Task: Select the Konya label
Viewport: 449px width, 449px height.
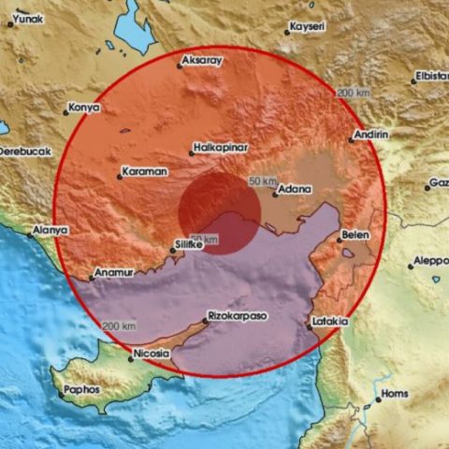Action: pos(85,108)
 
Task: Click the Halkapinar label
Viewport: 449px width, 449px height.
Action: pos(220,147)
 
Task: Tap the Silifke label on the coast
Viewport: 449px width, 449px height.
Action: pos(191,245)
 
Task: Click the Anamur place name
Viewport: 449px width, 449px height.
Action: pos(115,272)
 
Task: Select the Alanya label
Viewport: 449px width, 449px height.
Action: pos(50,229)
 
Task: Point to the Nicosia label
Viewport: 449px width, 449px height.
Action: pos(152,354)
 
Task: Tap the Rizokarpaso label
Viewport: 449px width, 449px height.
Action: pos(237,316)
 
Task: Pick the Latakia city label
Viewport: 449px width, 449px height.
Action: pos(331,322)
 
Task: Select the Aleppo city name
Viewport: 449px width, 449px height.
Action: pos(430,261)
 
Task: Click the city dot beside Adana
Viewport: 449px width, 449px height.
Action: pos(275,195)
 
